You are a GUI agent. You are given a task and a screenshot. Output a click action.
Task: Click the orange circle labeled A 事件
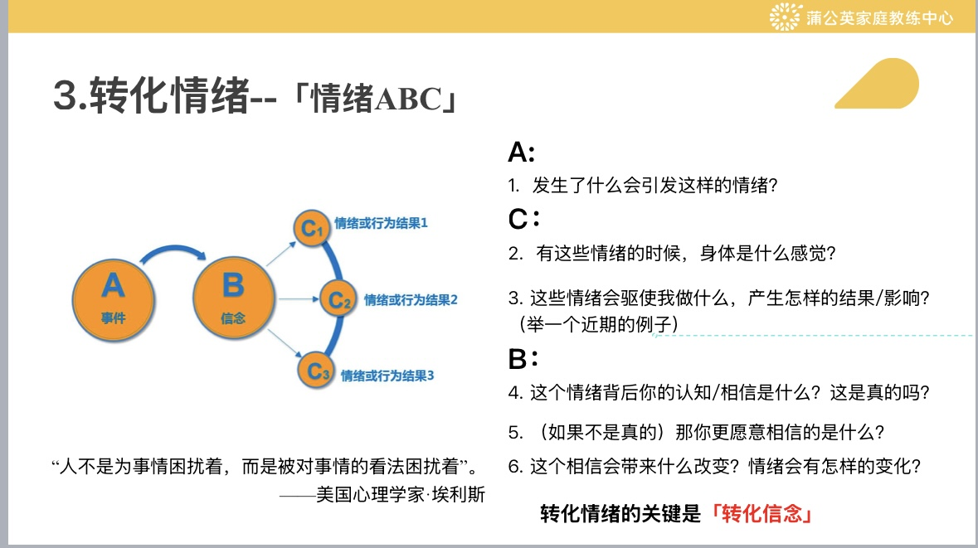click(113, 300)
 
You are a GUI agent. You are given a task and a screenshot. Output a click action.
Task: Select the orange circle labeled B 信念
click(234, 298)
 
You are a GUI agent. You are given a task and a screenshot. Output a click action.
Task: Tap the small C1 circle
click(312, 227)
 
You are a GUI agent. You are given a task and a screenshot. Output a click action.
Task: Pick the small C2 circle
click(338, 299)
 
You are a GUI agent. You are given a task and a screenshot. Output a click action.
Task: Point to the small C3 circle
click(315, 371)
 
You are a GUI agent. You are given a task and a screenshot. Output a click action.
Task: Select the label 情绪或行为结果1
click(381, 223)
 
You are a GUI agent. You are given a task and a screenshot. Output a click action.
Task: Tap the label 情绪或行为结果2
click(411, 300)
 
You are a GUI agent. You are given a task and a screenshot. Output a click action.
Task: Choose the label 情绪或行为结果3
click(387, 376)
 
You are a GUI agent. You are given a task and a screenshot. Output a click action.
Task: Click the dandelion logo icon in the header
click(785, 17)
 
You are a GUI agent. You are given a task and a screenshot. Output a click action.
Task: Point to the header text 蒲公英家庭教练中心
click(879, 17)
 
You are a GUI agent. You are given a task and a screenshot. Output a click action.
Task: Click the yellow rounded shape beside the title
click(880, 84)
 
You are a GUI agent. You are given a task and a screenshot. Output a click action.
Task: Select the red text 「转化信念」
click(761, 514)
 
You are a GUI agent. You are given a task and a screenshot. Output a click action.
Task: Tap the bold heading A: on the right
click(522, 152)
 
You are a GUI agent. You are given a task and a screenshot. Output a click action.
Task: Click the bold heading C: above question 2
click(524, 220)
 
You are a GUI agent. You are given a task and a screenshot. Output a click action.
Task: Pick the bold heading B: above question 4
click(523, 359)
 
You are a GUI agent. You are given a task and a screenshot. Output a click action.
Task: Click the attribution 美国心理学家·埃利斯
click(401, 494)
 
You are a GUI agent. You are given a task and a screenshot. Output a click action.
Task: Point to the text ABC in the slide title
click(408, 99)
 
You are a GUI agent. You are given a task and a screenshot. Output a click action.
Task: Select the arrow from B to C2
click(299, 299)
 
